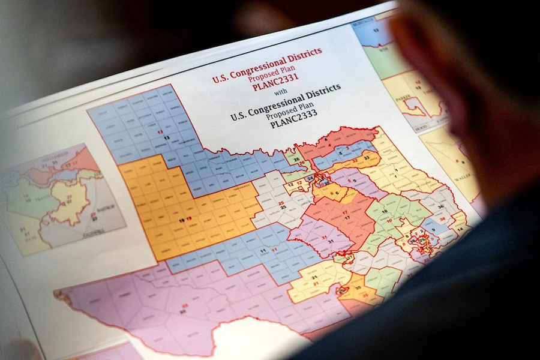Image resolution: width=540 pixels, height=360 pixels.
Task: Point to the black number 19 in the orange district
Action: coord(181,220)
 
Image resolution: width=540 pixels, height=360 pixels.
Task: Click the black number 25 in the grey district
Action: coord(283,208)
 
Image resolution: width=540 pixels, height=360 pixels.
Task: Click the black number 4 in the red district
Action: coord(326,140)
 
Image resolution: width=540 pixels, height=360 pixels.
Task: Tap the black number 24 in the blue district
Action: coord(309,178)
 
